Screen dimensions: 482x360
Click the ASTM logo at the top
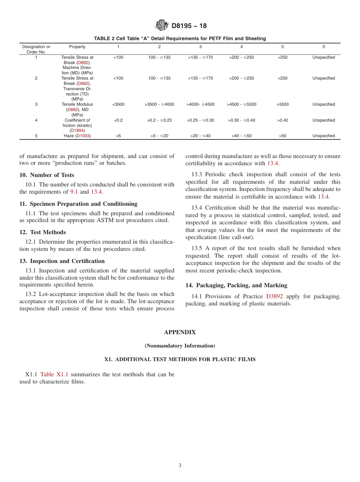click(x=162, y=26)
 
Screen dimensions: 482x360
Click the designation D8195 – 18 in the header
click(x=189, y=26)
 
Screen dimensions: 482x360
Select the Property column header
click(x=77, y=47)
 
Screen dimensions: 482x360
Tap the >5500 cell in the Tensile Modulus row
click(x=282, y=105)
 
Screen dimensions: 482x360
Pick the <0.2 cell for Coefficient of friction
click(x=118, y=121)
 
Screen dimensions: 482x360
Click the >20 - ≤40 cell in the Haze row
click(x=200, y=136)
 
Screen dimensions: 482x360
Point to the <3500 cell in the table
click(x=119, y=105)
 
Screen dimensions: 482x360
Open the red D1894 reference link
click(x=77, y=130)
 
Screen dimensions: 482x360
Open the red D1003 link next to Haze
click(x=83, y=136)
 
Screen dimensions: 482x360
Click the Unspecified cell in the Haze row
click(x=323, y=136)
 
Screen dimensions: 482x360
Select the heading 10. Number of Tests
click(x=47, y=175)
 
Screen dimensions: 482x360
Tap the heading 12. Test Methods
click(x=42, y=232)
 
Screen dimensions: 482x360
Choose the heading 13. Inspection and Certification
click(x=62, y=261)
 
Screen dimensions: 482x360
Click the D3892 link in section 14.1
click(x=274, y=296)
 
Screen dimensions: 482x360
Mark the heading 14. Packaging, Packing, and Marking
click(x=236, y=285)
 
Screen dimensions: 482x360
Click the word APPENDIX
click(x=180, y=332)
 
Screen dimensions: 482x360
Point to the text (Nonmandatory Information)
click(x=180, y=346)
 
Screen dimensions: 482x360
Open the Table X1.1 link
click(x=54, y=374)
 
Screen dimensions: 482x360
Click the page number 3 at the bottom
click(x=180, y=466)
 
